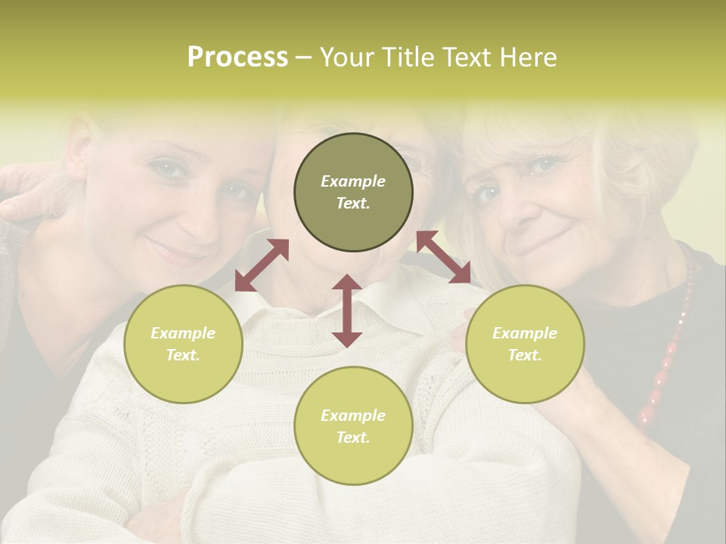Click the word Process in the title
coord(237,57)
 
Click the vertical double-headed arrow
coord(347,311)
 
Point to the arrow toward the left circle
coord(262,265)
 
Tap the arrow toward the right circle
coord(444,258)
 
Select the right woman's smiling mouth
coord(538,246)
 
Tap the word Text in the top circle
coord(353,203)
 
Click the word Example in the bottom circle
coord(353,415)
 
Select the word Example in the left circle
coord(183,332)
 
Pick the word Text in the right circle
coord(525,355)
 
